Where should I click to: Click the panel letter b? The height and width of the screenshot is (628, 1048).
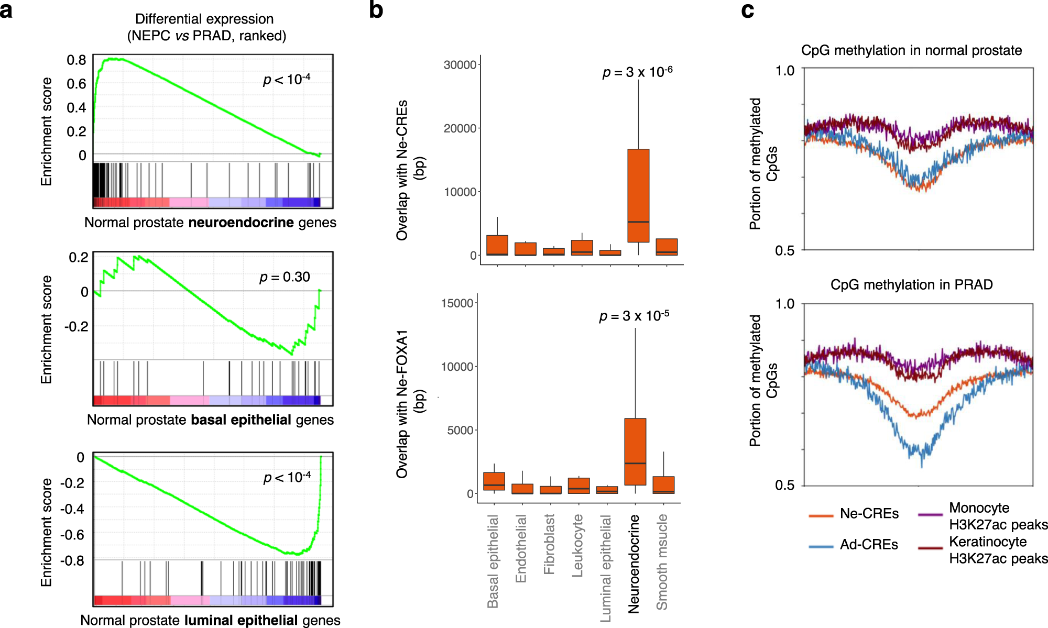pyautogui.click(x=376, y=10)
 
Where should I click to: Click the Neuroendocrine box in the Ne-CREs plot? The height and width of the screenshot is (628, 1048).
pyautogui.click(x=638, y=195)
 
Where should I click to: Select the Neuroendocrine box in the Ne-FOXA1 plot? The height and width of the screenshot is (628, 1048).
pyautogui.click(x=635, y=451)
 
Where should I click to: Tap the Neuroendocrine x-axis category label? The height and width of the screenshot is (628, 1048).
pyautogui.click(x=634, y=563)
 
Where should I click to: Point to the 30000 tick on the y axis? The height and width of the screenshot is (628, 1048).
pyautogui.click(x=460, y=65)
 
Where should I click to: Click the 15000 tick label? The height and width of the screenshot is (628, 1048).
pyautogui.click(x=457, y=303)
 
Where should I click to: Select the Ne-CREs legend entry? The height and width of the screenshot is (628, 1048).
pyautogui.click(x=869, y=514)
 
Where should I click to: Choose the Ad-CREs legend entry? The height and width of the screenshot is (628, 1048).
pyautogui.click(x=868, y=545)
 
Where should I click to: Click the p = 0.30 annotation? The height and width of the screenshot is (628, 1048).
pyautogui.click(x=285, y=277)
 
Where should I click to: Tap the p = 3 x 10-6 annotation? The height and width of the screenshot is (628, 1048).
pyautogui.click(x=637, y=72)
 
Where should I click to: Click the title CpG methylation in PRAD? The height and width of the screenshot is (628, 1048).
pyautogui.click(x=911, y=284)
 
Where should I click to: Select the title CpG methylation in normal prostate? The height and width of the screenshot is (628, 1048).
pyautogui.click(x=911, y=50)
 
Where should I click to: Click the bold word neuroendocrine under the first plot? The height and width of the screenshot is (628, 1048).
pyautogui.click(x=241, y=223)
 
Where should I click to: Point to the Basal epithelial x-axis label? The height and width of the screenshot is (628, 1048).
pyautogui.click(x=493, y=560)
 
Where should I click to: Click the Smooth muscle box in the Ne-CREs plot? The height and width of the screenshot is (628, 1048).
pyautogui.click(x=667, y=247)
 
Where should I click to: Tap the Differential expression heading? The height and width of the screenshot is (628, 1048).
pyautogui.click(x=204, y=19)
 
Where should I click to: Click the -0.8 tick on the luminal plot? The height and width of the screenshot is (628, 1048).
pyautogui.click(x=72, y=560)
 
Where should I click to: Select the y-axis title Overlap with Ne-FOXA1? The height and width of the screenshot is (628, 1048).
pyautogui.click(x=402, y=403)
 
